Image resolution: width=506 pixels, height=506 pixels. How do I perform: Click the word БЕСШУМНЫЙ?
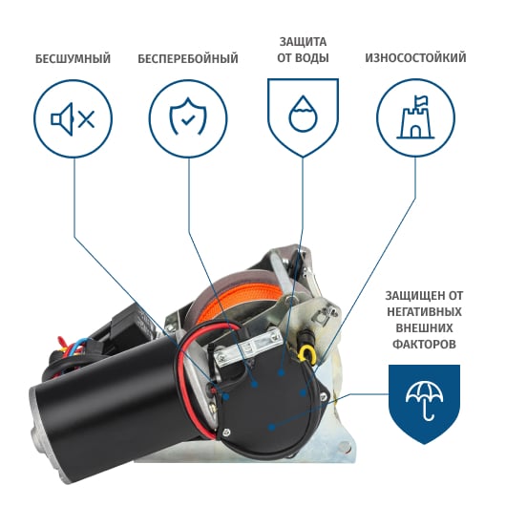(73, 59)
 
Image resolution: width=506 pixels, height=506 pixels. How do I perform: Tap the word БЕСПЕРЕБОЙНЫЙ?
(188, 59)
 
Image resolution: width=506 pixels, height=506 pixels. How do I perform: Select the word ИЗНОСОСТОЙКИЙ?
(415, 58)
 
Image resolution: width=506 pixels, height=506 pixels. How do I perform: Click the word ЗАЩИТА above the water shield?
(303, 42)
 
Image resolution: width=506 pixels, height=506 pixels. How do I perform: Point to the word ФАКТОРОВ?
(424, 344)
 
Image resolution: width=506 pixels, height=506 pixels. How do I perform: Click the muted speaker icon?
(73, 119)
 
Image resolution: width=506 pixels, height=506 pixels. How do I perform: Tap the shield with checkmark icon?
(188, 116)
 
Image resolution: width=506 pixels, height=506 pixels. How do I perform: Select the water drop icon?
(303, 114)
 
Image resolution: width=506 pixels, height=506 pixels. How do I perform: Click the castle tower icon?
(415, 117)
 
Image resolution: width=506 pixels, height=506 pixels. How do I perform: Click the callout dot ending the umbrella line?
(272, 428)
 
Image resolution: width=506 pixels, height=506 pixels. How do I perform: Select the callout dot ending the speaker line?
(225, 396)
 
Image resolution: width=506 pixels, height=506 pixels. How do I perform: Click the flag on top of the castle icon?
(421, 100)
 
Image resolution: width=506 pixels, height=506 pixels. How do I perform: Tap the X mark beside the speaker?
(86, 119)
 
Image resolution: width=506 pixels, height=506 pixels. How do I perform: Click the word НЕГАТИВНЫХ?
(424, 312)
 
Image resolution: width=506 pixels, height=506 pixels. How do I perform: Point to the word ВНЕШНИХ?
(424, 328)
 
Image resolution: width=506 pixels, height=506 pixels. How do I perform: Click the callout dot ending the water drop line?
(281, 372)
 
